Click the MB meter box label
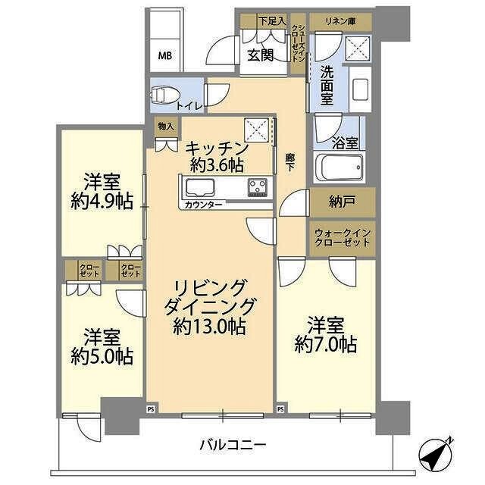tap(164, 55)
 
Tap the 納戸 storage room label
tap(342, 202)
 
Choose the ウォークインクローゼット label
tap(342, 237)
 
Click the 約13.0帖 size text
tap(208, 327)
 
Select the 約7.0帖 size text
tap(326, 345)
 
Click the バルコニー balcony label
tap(233, 445)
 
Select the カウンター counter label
tap(203, 205)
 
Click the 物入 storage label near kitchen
tap(164, 126)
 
